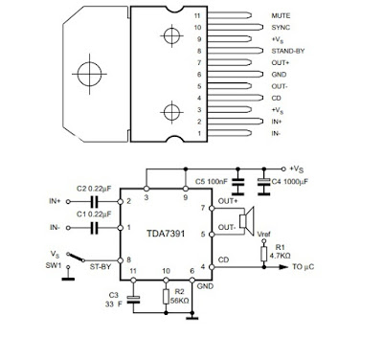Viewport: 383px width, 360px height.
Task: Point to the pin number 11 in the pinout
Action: (197, 17)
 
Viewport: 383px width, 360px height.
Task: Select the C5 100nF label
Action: (210, 181)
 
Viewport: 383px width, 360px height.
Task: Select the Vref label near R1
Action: (262, 234)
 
